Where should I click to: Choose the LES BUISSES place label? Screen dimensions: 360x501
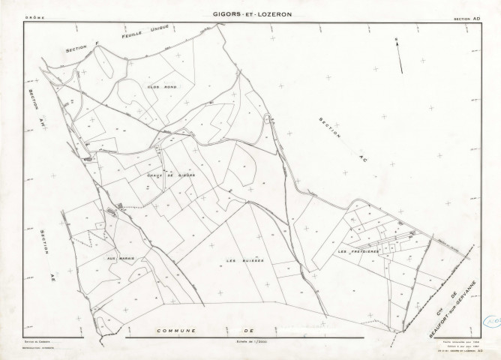tap(241, 261)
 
